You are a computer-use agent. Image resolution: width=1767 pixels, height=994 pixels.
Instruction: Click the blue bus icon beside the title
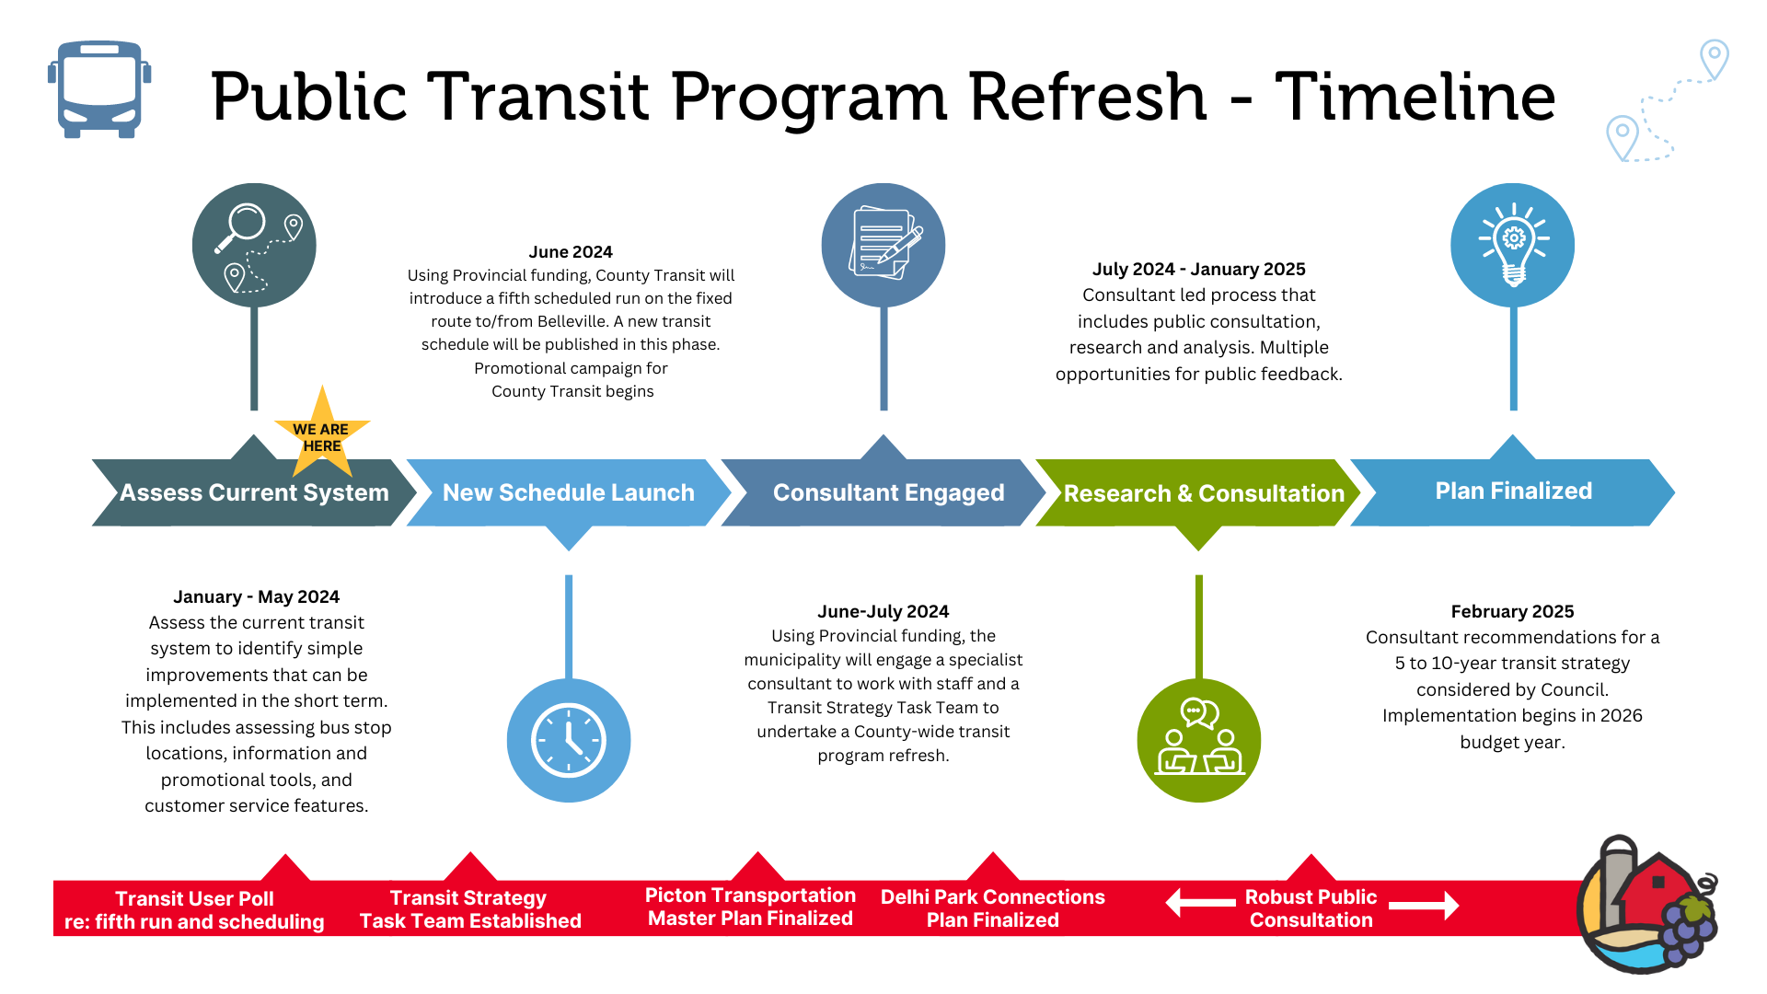99,89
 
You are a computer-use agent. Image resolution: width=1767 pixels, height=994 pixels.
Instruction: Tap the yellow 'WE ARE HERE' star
321,434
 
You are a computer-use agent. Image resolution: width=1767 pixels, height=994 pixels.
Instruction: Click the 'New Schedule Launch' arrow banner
568,492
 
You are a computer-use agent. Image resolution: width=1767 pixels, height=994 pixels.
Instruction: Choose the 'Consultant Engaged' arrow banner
887,492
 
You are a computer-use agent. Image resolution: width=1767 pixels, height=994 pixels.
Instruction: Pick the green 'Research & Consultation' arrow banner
1202,493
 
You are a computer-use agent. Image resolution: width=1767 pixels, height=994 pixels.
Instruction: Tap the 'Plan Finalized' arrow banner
1513,491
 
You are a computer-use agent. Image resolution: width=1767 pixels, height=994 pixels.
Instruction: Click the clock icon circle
569,741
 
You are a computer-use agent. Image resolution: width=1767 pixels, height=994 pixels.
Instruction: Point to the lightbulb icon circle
1512,245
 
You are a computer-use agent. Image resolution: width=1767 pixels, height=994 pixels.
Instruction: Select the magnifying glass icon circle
254,245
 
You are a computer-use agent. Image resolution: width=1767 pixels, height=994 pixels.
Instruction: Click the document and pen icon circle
883,245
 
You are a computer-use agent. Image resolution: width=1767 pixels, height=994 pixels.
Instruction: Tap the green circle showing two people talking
1198,741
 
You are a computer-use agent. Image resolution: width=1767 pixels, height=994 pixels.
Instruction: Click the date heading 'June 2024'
571,252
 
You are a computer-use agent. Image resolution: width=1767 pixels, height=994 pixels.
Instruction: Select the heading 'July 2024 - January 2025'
1198,270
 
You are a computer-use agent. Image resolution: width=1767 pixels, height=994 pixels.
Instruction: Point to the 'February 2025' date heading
1512,612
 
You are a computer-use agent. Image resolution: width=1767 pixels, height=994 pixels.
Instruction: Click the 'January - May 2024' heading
256,597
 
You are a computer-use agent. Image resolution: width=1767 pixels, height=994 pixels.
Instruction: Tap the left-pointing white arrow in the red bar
1200,903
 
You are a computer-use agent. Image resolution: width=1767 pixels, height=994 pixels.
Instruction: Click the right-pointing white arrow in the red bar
1424,906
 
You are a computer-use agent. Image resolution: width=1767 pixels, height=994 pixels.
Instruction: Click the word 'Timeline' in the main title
1415,97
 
